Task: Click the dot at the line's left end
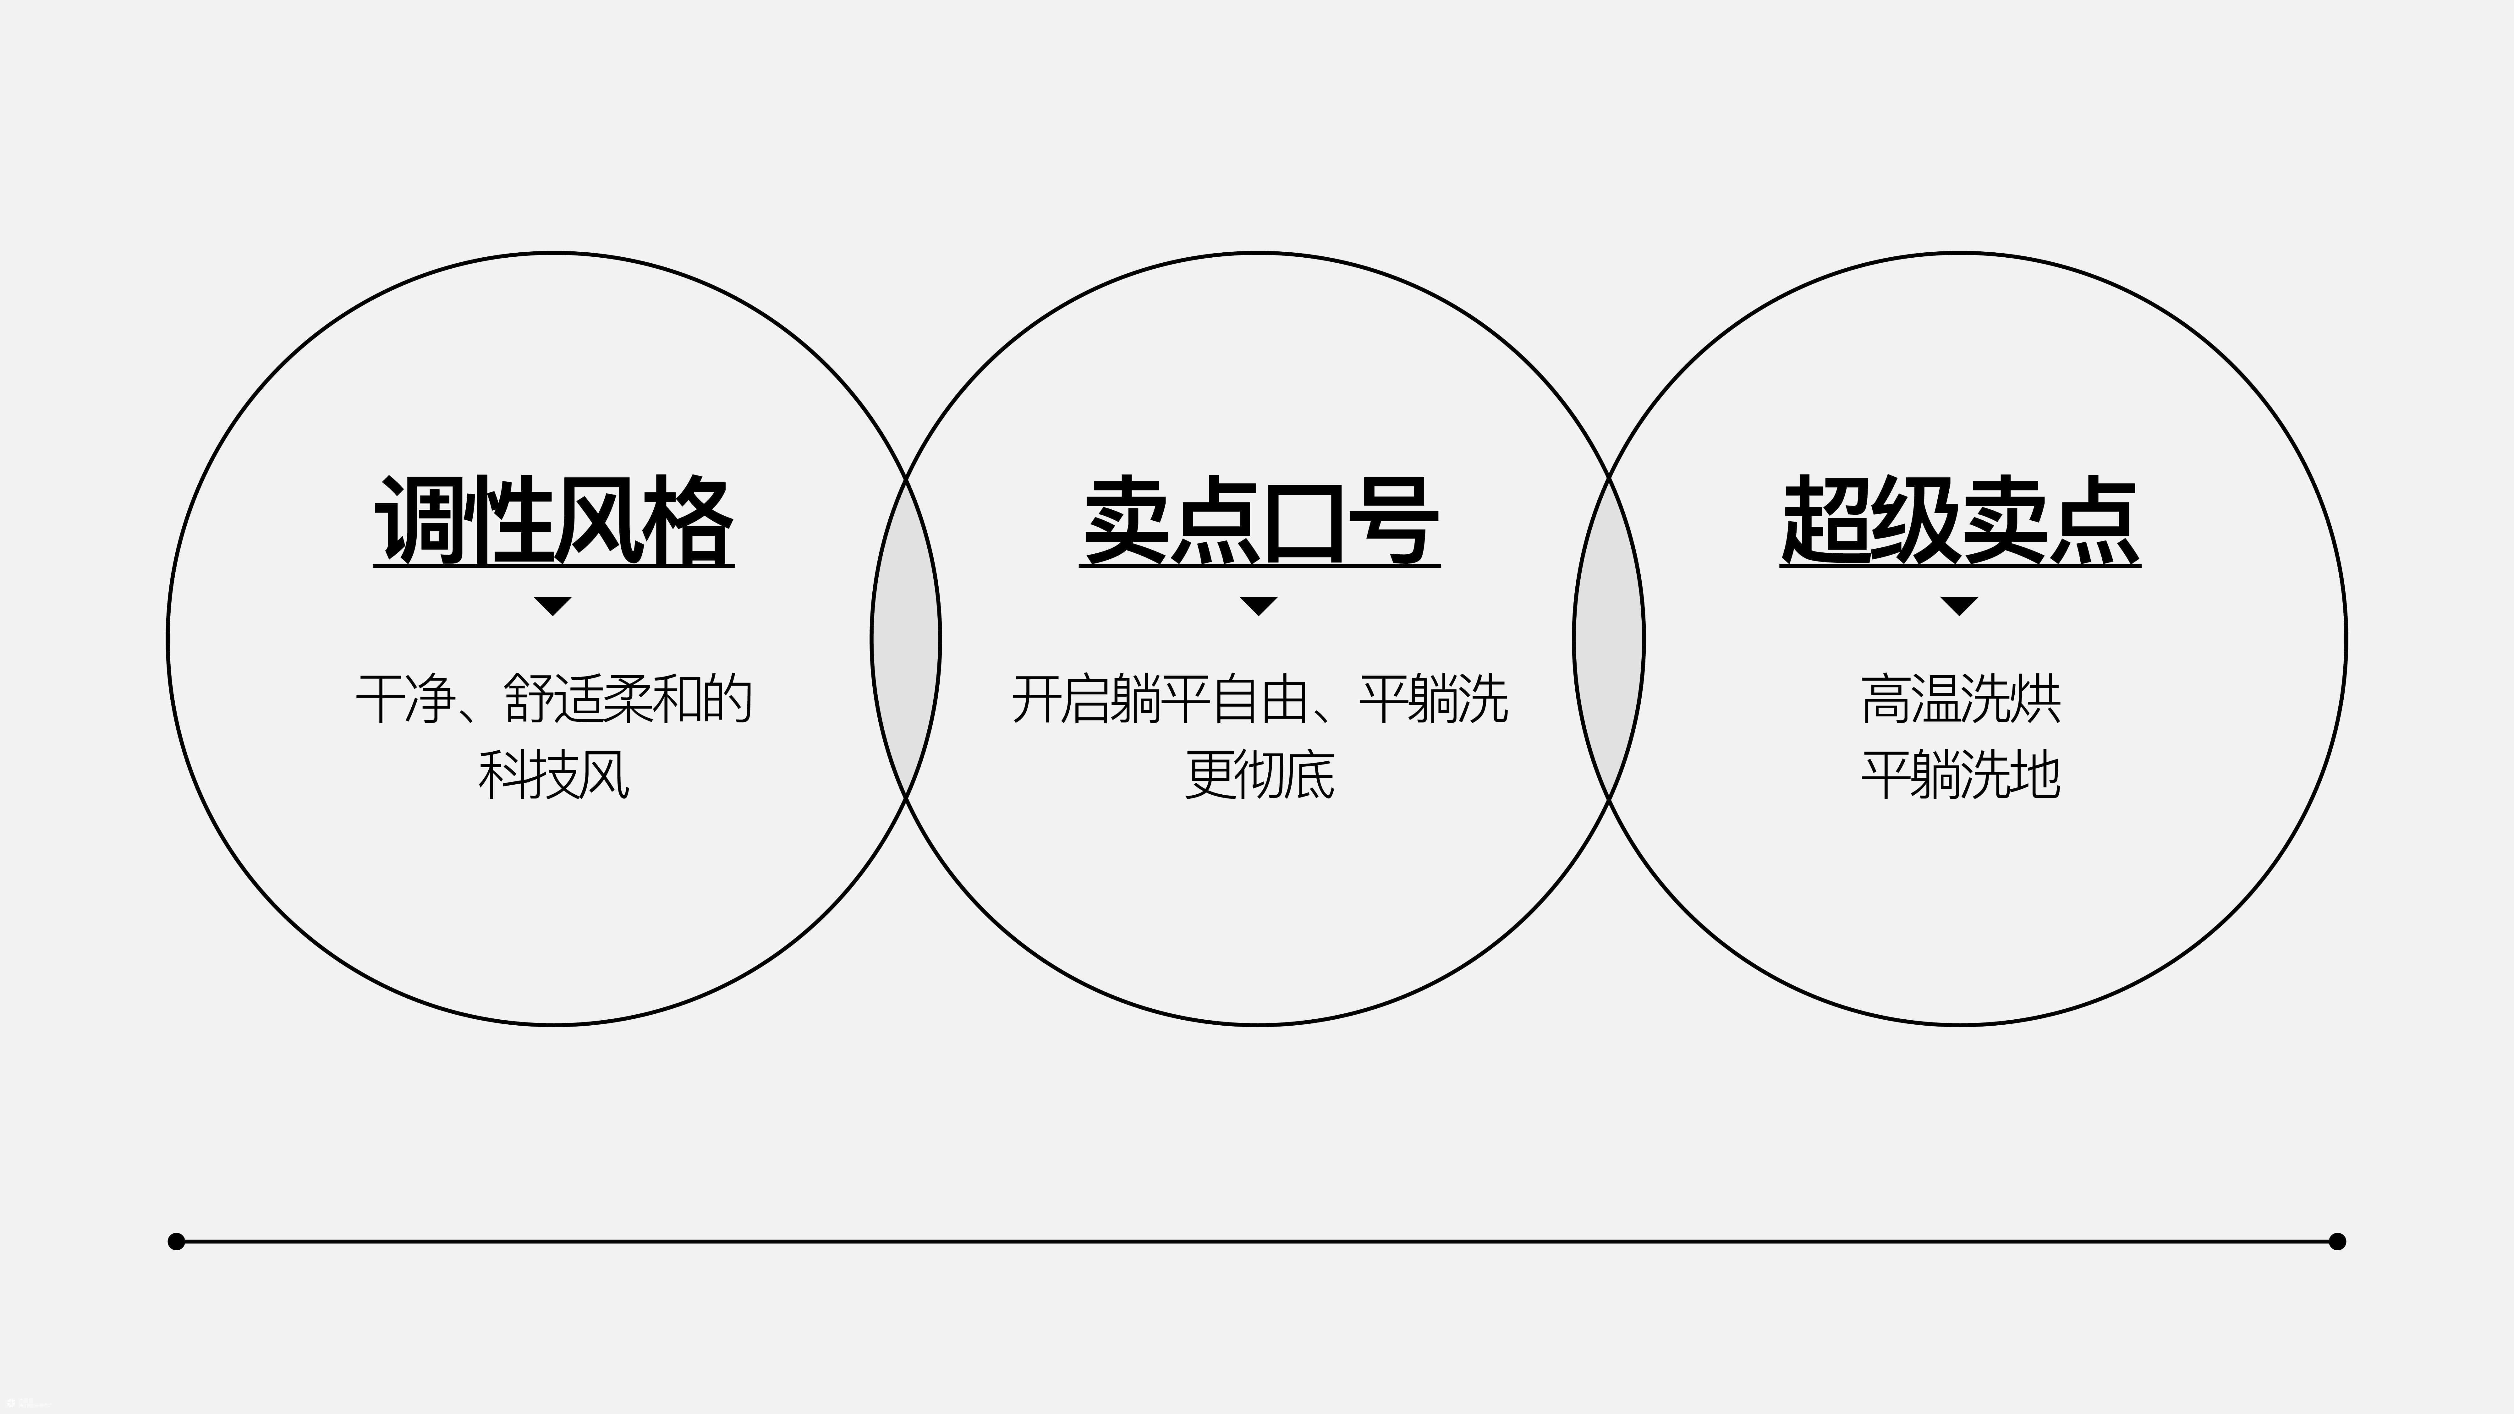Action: click(177, 1241)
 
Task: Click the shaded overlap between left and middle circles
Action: click(906, 639)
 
